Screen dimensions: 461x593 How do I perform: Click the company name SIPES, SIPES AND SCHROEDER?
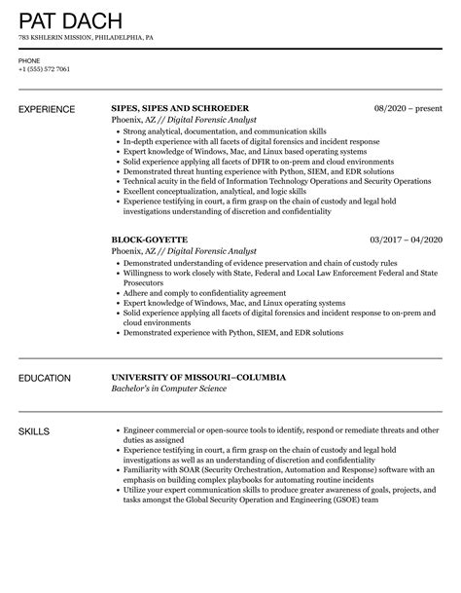point(180,107)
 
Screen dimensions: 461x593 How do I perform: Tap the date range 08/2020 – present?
point(408,107)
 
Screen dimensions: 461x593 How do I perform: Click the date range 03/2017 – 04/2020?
point(406,239)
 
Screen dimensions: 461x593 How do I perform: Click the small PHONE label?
point(29,60)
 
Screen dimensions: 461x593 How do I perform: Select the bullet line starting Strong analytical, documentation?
point(210,130)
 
